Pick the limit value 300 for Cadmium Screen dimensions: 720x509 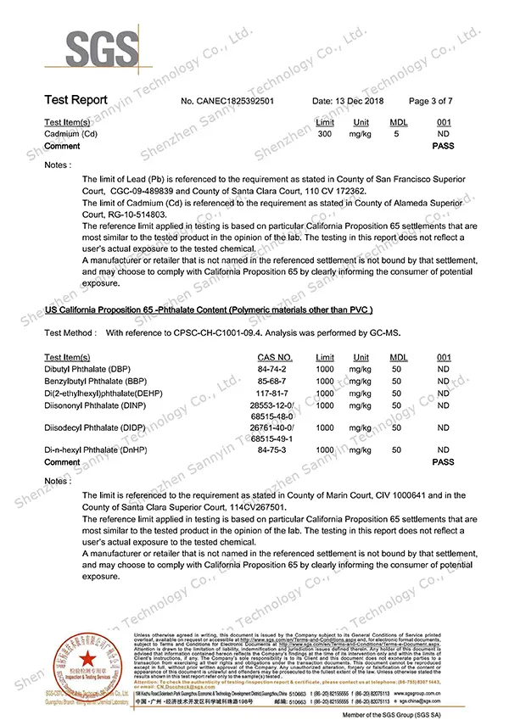pyautogui.click(x=324, y=134)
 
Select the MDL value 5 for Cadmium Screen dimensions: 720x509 pyautogui.click(x=397, y=134)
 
